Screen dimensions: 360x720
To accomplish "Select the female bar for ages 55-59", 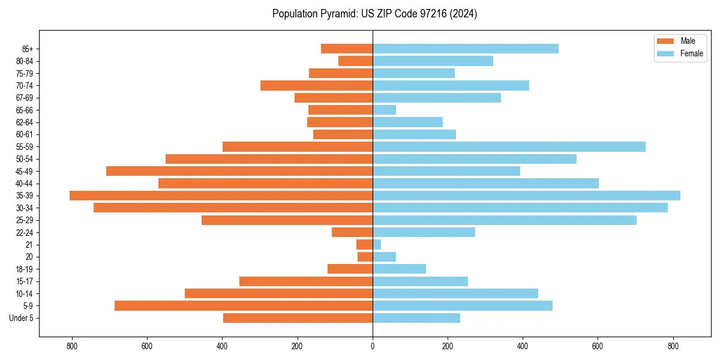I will [x=509, y=146].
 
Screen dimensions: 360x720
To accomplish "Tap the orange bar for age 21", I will [x=364, y=245].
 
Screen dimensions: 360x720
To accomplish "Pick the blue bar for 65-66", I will [x=384, y=110].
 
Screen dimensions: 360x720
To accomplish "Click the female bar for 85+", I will [x=466, y=49].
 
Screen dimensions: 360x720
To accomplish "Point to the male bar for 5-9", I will [x=244, y=305].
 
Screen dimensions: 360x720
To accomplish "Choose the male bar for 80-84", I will [x=355, y=61].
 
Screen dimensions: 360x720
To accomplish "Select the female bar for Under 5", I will [x=416, y=318].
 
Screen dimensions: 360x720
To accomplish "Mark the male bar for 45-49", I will [x=239, y=171].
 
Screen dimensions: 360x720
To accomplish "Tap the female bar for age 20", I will [x=384, y=257].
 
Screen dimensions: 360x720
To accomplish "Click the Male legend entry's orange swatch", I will [x=666, y=41].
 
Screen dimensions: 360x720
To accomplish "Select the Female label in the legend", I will [x=691, y=53].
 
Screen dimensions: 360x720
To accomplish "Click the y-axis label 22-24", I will [x=25, y=233].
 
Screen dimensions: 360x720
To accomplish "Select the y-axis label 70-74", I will [x=25, y=86].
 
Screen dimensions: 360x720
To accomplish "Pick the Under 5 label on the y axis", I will [x=21, y=318].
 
